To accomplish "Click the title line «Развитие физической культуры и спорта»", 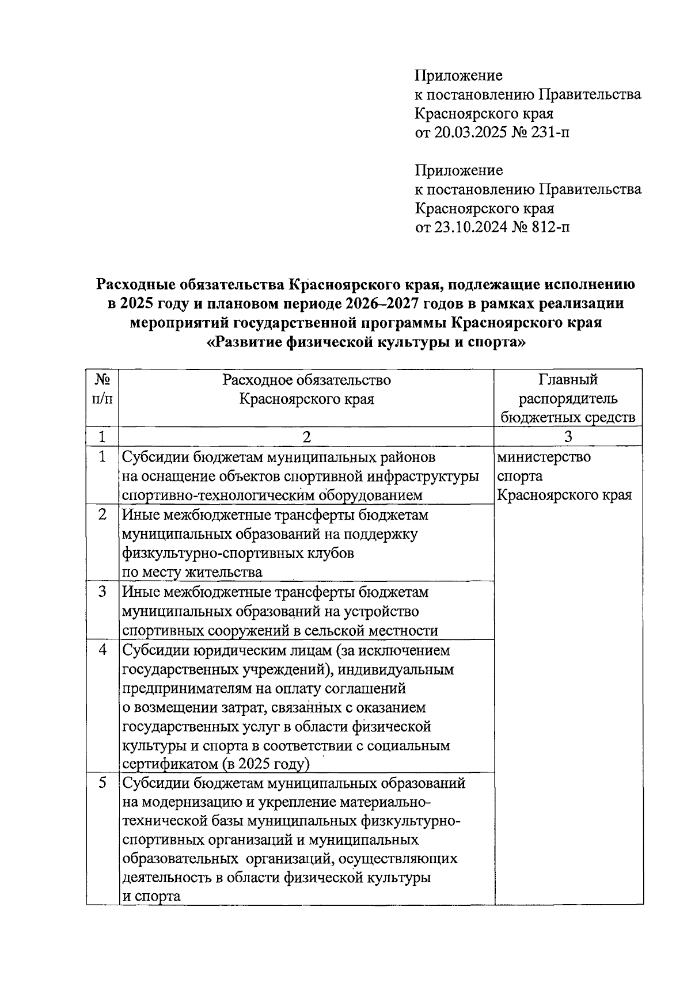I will (x=366, y=342).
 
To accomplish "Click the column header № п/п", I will (x=102, y=390).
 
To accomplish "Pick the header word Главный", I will (x=568, y=380).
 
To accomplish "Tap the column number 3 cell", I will (x=568, y=436).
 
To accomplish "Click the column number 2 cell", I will (x=306, y=436).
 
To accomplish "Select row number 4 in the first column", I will (x=102, y=650).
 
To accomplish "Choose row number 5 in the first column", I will (x=102, y=783).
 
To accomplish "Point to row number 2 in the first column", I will (x=102, y=514).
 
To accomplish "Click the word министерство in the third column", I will (x=544, y=458).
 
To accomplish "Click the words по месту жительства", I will (x=192, y=572).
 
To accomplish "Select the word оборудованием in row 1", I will (x=371, y=496).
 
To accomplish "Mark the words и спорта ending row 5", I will (x=151, y=896).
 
